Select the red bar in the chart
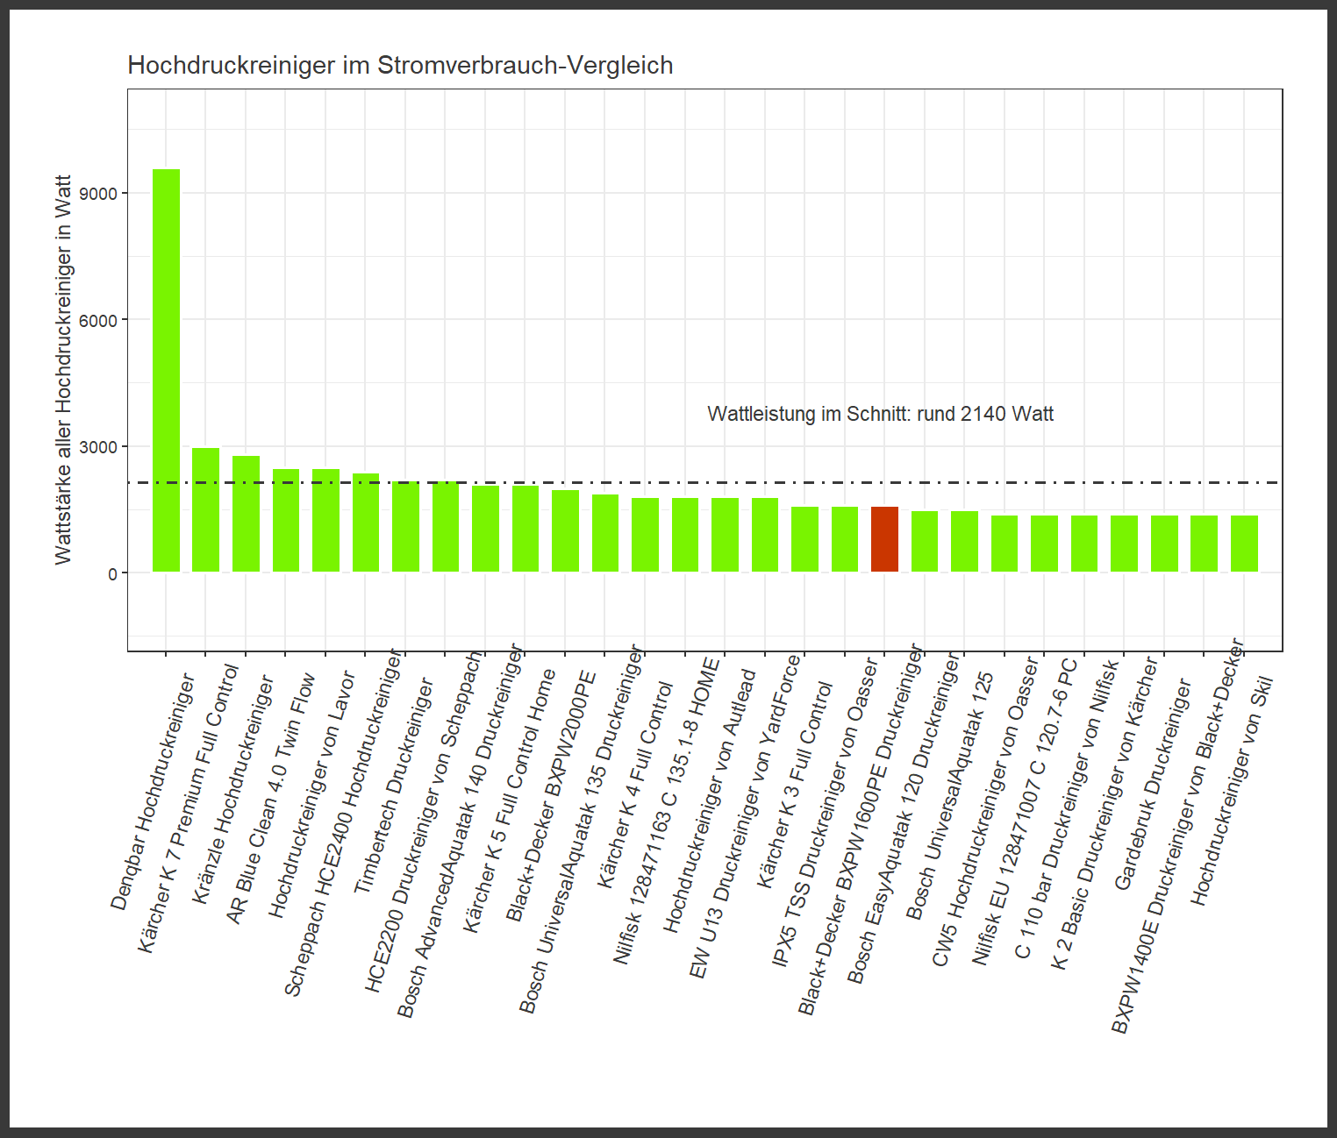[x=884, y=539]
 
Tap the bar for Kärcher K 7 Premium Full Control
[x=205, y=509]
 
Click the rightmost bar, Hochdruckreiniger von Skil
[x=1244, y=544]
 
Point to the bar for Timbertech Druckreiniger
[x=405, y=527]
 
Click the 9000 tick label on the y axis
[x=98, y=193]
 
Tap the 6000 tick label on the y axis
[x=98, y=320]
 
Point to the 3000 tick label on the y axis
[x=98, y=447]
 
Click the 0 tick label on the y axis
[x=112, y=573]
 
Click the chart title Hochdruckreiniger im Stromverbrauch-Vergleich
[x=400, y=66]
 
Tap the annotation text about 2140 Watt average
[x=880, y=414]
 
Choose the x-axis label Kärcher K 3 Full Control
[x=795, y=785]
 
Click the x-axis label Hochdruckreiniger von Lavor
[x=311, y=793]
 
